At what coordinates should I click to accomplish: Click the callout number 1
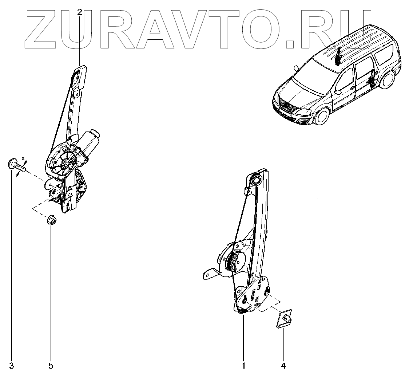243,365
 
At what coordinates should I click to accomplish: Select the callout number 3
11,365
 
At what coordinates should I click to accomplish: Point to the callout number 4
283,365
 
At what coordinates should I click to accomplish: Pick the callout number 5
51,365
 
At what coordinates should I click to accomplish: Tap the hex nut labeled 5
51,220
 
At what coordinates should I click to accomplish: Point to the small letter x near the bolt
23,158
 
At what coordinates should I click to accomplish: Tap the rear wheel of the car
389,80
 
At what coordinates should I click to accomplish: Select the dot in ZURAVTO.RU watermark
290,43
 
